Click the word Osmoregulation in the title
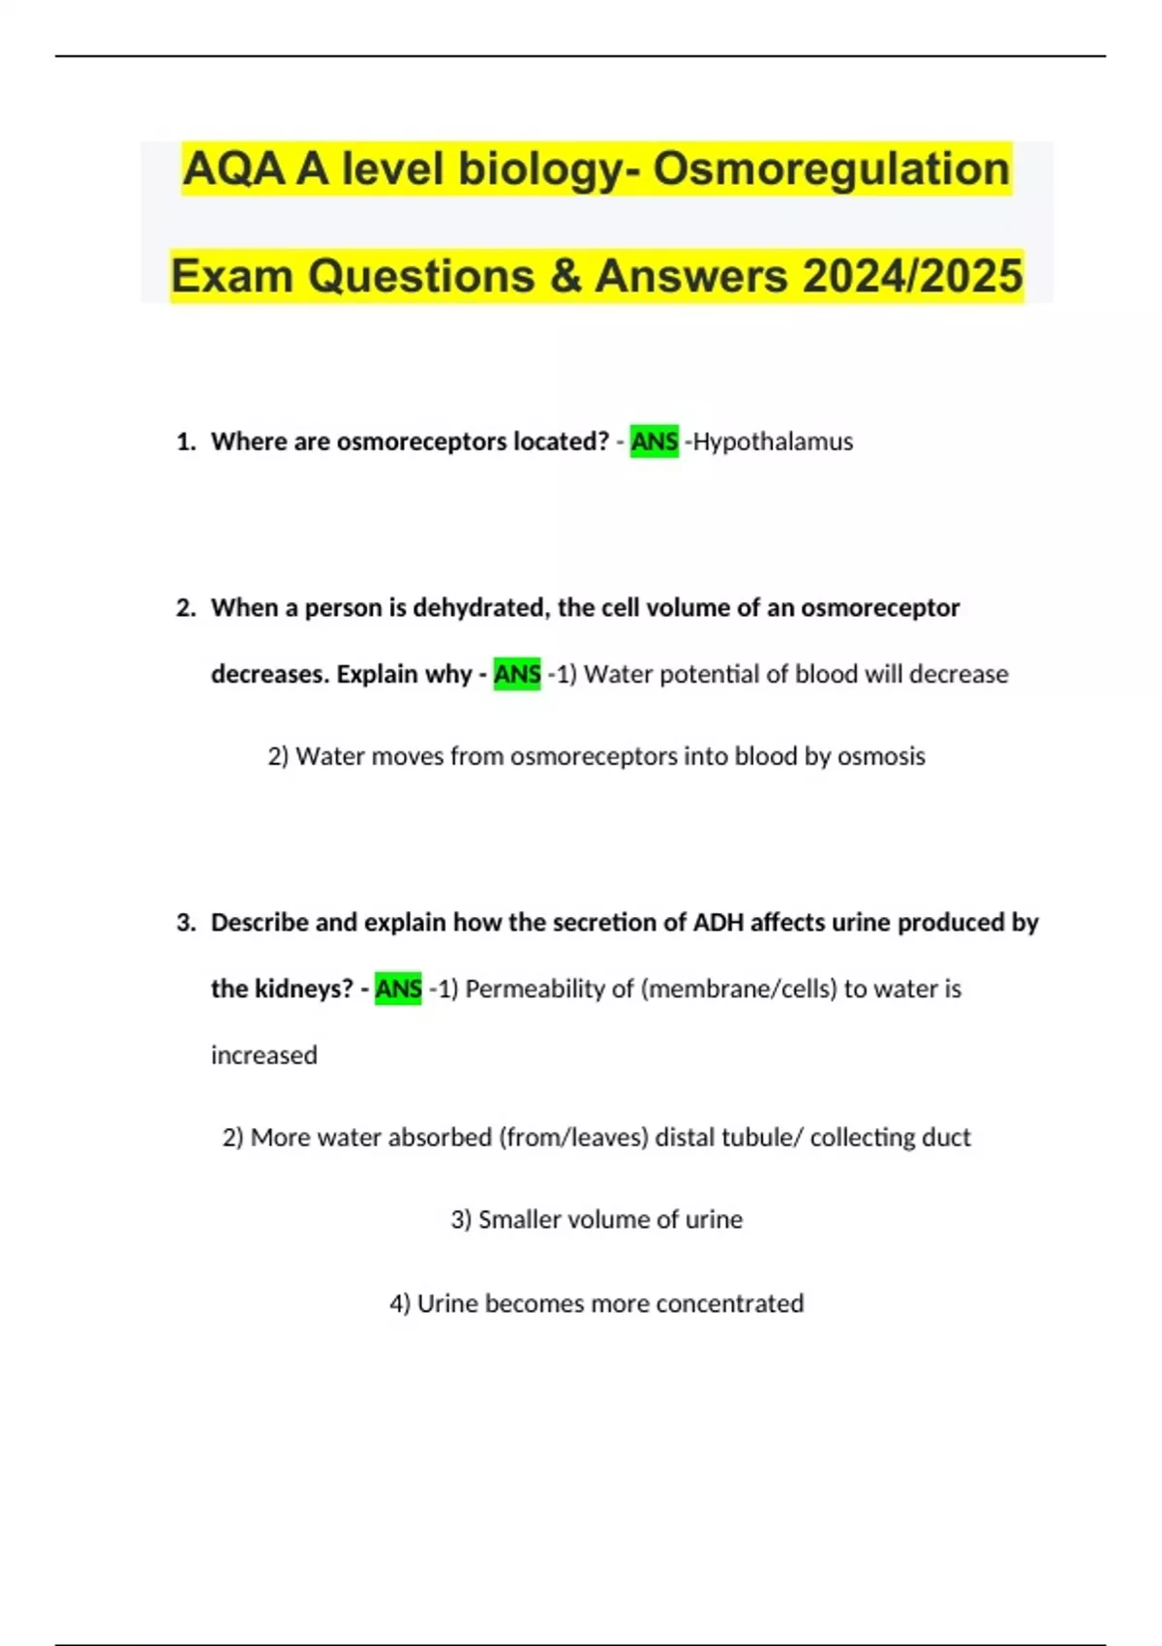coord(831,169)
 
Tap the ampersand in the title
coord(565,276)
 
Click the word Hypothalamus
coord(773,442)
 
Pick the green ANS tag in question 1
coord(654,442)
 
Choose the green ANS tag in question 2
coord(517,674)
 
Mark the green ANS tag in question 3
coord(398,989)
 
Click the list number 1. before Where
coord(186,442)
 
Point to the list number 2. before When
coord(186,608)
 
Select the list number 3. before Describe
coord(186,923)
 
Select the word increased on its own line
coord(263,1054)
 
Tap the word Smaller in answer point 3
coord(519,1219)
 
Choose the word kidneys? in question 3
coord(303,989)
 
